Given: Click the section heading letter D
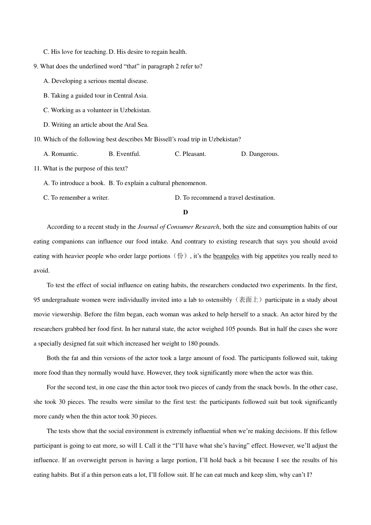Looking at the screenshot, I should click(x=185, y=212).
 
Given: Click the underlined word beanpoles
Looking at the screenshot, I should click(x=226, y=256).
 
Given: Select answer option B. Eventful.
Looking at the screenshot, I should click(x=125, y=154).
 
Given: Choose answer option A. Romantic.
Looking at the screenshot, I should click(x=61, y=154).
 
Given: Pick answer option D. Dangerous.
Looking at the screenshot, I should click(x=260, y=154).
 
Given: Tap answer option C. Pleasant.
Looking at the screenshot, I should click(x=190, y=154).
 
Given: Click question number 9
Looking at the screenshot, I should click(x=36, y=66).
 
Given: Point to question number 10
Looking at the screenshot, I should click(x=37, y=139).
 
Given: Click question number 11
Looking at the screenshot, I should click(x=37, y=169).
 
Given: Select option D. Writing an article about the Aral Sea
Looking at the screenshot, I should click(x=96, y=125).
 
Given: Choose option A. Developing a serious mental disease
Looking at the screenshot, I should click(x=96, y=81).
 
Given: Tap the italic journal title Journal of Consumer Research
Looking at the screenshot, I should click(x=178, y=227).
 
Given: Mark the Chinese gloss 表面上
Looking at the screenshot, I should click(x=249, y=300).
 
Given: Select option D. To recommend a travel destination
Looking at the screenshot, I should click(x=225, y=198).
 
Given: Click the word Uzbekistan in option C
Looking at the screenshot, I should click(x=135, y=110).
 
